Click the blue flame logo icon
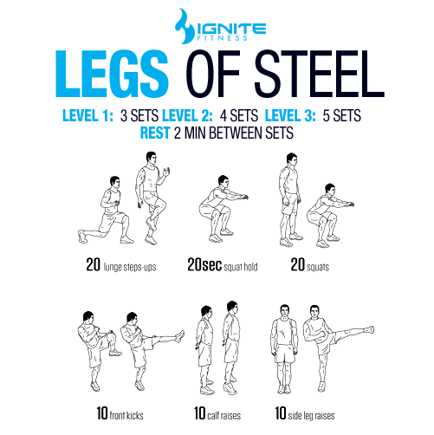[185, 26]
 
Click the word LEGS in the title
[112, 74]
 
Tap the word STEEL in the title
[320, 74]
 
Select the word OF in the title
[213, 74]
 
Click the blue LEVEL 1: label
[87, 115]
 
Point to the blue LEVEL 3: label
[290, 115]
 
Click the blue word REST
[155, 133]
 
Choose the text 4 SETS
[239, 115]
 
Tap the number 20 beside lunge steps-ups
[94, 264]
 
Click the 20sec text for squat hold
[204, 264]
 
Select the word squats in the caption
[318, 267]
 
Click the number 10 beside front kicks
[102, 413]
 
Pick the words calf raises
[224, 415]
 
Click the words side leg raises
[311, 415]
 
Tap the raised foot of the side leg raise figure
[369, 329]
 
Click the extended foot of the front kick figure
[180, 336]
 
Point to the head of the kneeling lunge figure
[114, 182]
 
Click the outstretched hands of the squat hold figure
[244, 198]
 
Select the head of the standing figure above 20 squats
[292, 159]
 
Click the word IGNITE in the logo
[230, 29]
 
